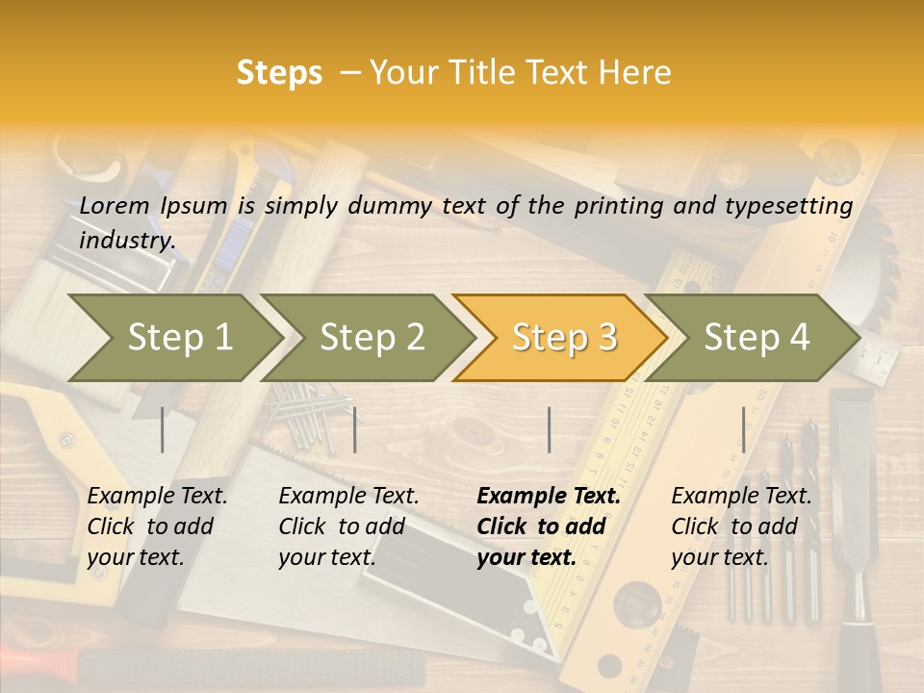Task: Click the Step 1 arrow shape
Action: click(179, 338)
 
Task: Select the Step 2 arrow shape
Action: click(372, 338)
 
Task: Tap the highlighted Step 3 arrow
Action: click(564, 338)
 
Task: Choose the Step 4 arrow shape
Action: click(757, 338)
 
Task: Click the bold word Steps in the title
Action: click(279, 73)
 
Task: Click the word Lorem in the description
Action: click(114, 205)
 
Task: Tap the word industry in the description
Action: click(126, 240)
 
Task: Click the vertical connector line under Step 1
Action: click(163, 429)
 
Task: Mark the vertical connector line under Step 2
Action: click(355, 429)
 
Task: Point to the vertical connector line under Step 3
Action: click(549, 429)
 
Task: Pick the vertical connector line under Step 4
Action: click(743, 429)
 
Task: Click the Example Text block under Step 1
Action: click(157, 526)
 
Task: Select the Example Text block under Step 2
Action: click(348, 526)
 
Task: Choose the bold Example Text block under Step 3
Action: click(549, 526)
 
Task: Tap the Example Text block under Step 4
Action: click(741, 526)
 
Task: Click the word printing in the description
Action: click(618, 205)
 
